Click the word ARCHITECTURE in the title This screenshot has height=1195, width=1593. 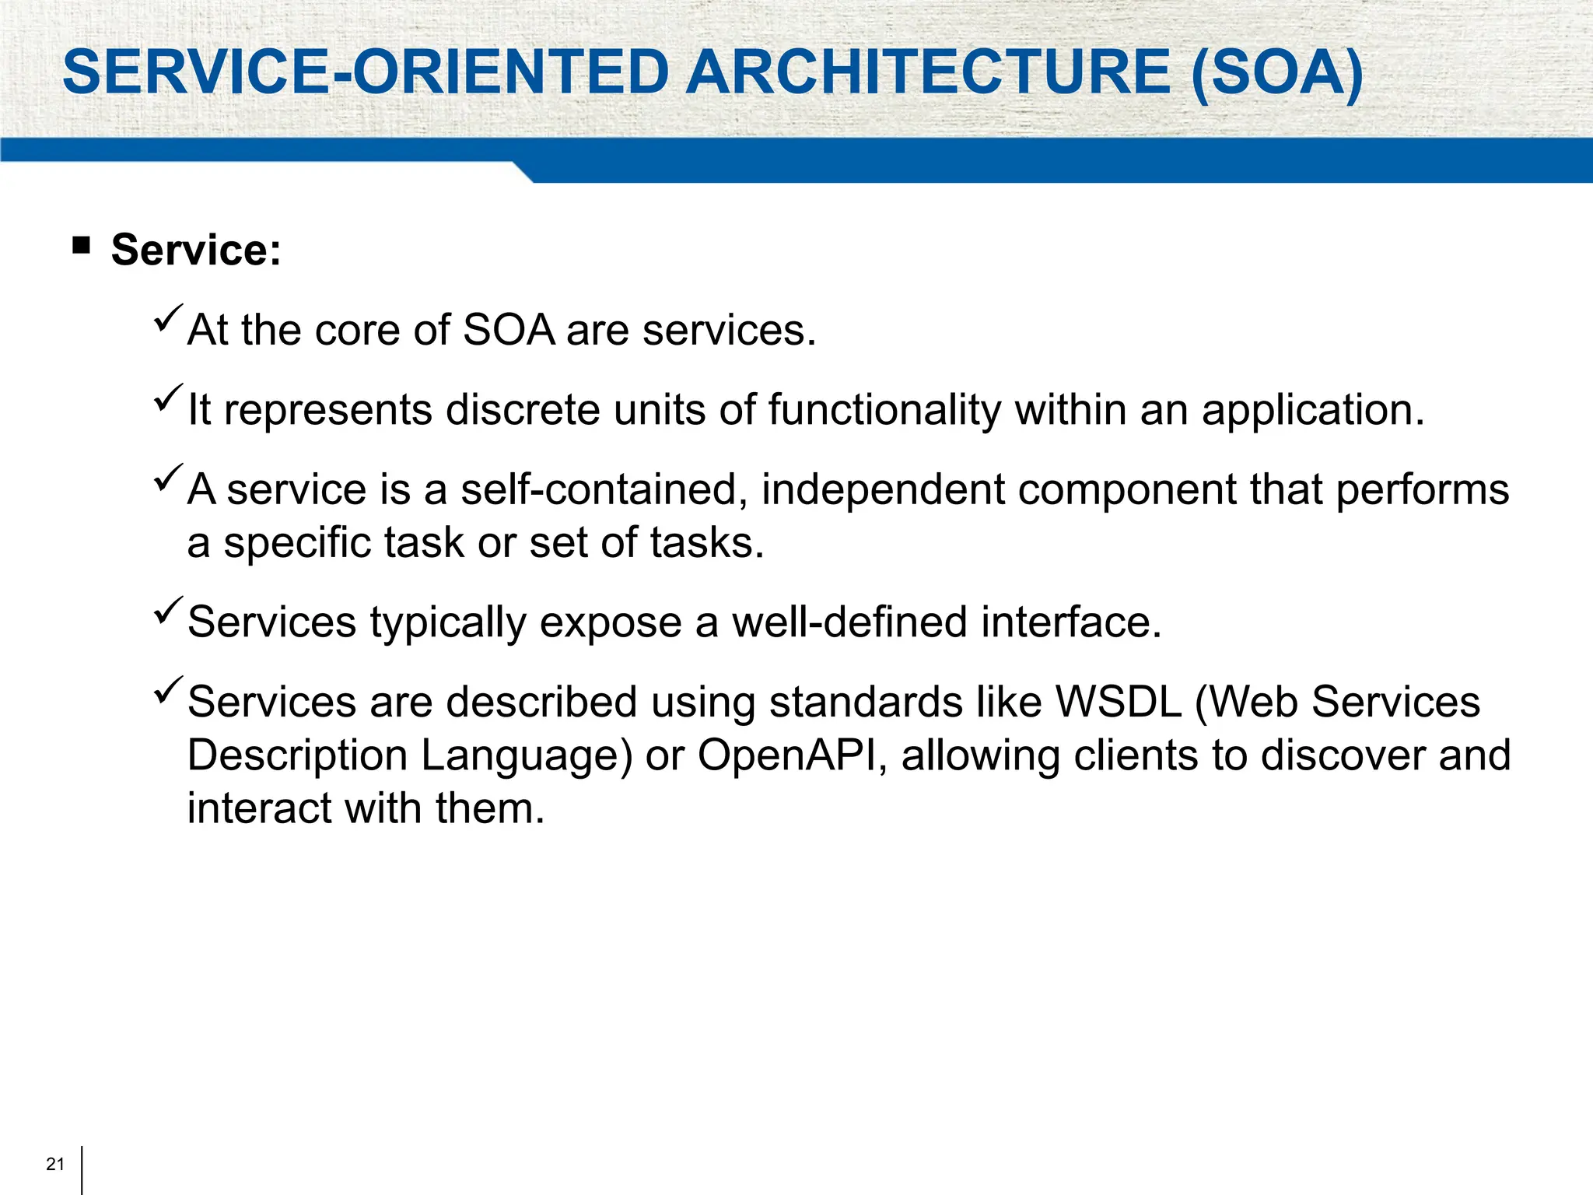pyautogui.click(x=927, y=72)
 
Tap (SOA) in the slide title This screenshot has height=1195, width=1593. pyautogui.click(x=1276, y=74)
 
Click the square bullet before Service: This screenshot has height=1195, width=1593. pyautogui.click(x=81, y=247)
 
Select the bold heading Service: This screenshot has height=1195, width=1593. pyautogui.click(x=196, y=251)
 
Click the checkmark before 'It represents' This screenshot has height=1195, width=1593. pyautogui.click(x=168, y=398)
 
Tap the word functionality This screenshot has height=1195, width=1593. pyautogui.click(x=884, y=410)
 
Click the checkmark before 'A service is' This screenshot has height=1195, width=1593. pyautogui.click(x=168, y=478)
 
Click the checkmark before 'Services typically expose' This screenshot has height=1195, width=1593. pyautogui.click(x=168, y=611)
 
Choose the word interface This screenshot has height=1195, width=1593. pyautogui.click(x=1071, y=622)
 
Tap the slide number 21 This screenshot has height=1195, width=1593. pyautogui.click(x=55, y=1164)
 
